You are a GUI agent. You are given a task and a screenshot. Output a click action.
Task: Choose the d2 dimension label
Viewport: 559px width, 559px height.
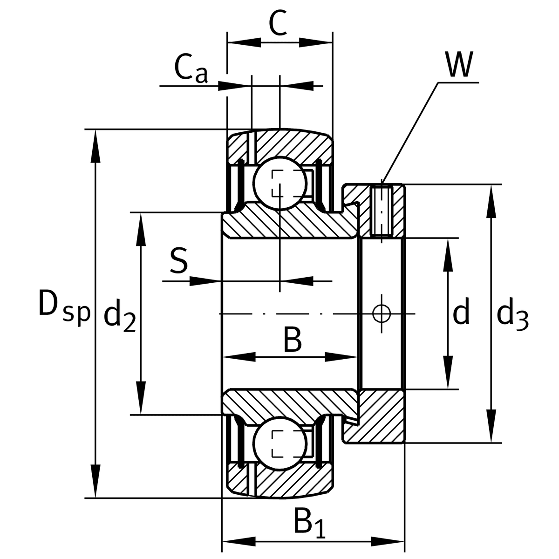coord(119,316)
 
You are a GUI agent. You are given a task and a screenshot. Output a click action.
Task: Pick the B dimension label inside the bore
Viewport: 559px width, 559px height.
coord(293,340)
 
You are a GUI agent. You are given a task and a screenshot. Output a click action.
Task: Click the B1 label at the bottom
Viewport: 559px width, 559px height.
coord(309,523)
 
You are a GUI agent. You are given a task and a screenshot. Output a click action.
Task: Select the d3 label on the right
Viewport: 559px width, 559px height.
coord(512,315)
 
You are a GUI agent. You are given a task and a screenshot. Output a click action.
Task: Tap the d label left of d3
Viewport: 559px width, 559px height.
coord(461,312)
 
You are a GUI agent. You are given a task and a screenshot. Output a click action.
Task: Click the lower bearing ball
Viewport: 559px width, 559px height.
coord(279,443)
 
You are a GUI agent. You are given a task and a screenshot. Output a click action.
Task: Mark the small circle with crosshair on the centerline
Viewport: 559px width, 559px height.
coord(382,314)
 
